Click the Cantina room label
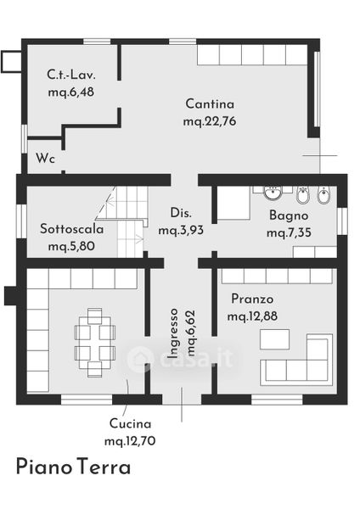210,103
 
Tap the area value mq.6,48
71,92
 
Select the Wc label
45,159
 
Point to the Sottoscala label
72,229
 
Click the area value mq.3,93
181,230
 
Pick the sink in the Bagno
272,193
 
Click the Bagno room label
289,215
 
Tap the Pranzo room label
252,299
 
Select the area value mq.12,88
252,316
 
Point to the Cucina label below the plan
130,423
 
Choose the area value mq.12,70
130,441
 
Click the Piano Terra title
73,467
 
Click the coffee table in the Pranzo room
274,339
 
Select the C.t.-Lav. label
71,75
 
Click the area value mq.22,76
210,121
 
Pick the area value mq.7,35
289,232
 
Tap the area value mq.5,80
71,246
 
